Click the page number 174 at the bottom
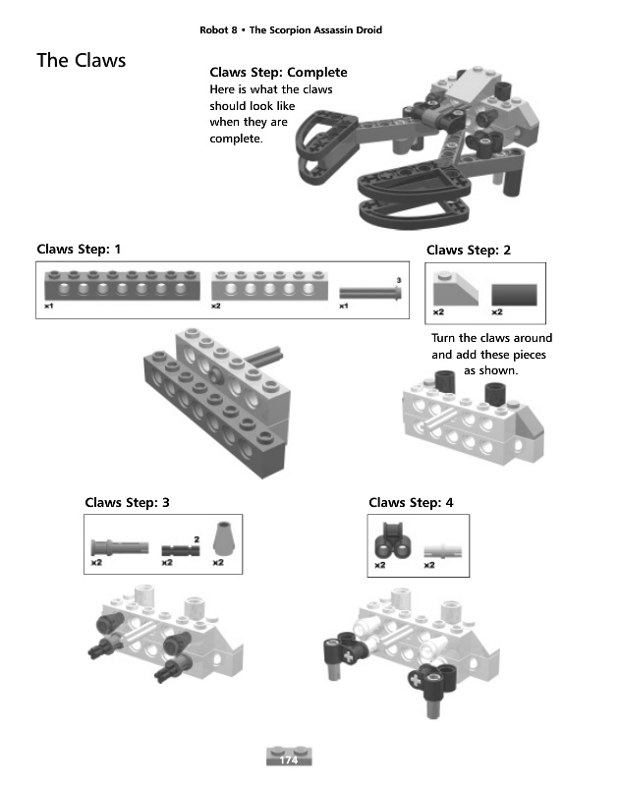[x=288, y=759]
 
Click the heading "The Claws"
[x=82, y=60]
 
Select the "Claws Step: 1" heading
[x=79, y=250]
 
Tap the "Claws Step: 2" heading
[x=469, y=251]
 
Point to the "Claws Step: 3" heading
[x=128, y=502]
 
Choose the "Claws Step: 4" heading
[x=411, y=502]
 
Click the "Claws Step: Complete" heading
[x=279, y=72]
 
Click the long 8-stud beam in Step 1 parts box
[x=122, y=285]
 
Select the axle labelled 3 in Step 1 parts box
[x=370, y=293]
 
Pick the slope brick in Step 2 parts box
[x=456, y=288]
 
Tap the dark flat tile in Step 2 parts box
[x=514, y=295]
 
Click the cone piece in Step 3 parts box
[x=224, y=538]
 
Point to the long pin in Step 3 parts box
[x=120, y=547]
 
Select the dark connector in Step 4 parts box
[x=393, y=540]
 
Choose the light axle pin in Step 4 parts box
[x=443, y=551]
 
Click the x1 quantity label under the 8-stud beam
[x=48, y=306]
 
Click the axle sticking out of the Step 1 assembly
[x=264, y=355]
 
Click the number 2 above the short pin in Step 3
[x=197, y=539]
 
